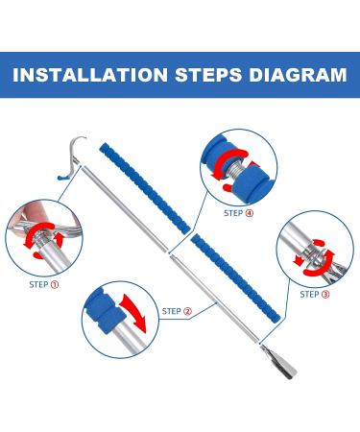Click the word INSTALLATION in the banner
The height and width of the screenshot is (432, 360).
coord(90,75)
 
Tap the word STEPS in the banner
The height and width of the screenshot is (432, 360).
coord(208,75)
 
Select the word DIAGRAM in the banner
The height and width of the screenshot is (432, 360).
coord(299,75)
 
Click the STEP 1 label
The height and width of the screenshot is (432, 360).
coord(44,284)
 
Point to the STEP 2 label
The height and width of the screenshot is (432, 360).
coord(177,311)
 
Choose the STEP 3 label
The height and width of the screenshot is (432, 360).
coord(315,294)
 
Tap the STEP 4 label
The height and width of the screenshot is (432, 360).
coord(238,213)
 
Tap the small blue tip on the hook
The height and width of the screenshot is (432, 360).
coord(61,177)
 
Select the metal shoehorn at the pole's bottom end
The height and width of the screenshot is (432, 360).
coord(278,361)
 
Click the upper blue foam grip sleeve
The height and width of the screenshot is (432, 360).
coord(145,188)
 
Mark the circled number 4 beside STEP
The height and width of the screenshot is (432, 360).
coord(250,213)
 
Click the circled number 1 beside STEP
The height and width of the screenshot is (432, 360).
coord(55,284)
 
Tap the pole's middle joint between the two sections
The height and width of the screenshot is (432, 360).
coord(169,252)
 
